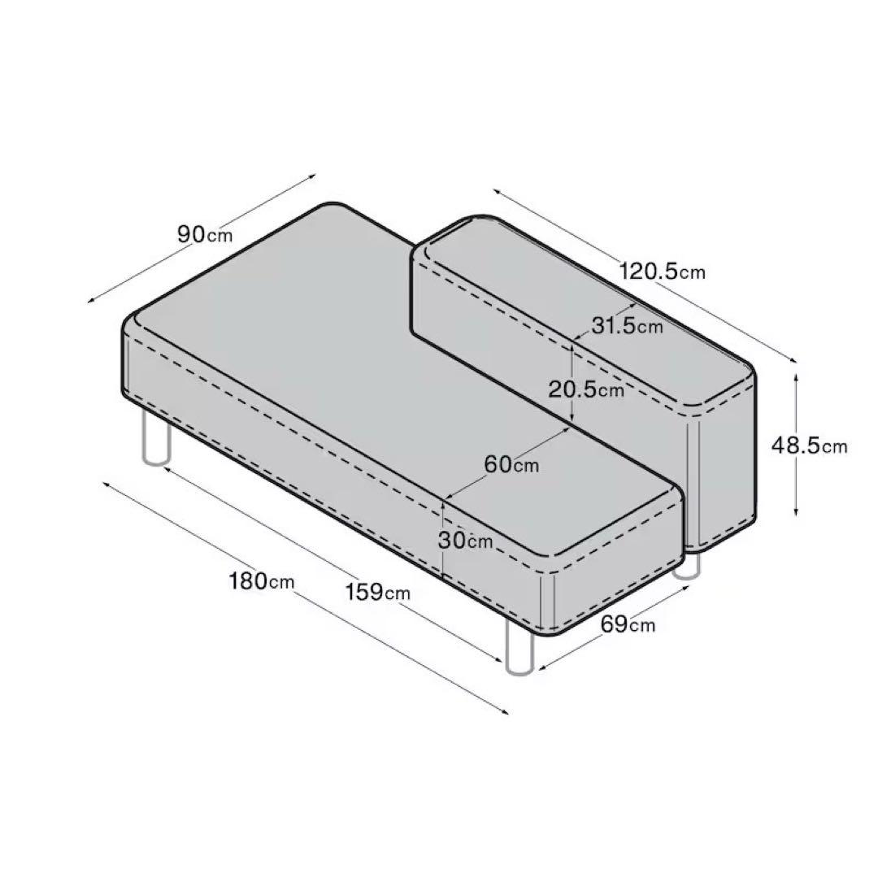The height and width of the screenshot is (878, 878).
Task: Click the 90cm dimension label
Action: [x=205, y=234]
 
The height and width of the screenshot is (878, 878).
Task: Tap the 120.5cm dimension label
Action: [x=663, y=271]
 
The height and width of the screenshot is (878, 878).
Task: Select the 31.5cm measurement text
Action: [x=627, y=326]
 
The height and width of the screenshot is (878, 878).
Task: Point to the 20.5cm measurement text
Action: [x=585, y=389]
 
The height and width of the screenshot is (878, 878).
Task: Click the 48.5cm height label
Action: [x=810, y=445]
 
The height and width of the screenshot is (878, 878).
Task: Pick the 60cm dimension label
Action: [x=511, y=464]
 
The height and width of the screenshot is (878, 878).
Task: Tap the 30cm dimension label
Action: [x=465, y=539]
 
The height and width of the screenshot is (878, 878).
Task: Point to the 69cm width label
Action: [x=628, y=624]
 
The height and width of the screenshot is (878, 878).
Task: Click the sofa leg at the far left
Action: [x=155, y=439]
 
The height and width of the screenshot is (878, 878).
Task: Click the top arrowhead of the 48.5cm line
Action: [x=796, y=376]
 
